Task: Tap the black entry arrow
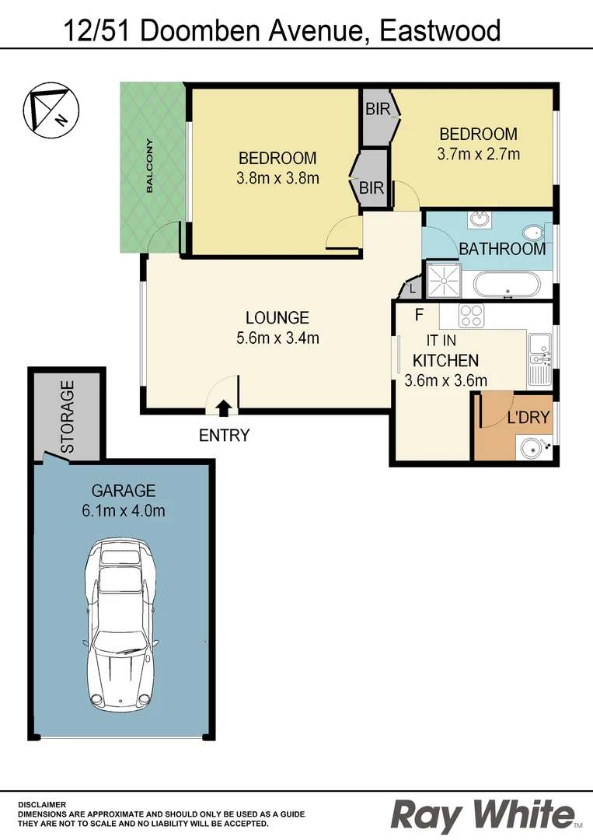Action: click(224, 407)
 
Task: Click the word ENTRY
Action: click(224, 436)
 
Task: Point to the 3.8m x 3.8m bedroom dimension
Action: click(277, 178)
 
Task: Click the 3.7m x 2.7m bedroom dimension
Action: click(478, 153)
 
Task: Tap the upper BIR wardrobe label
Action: click(377, 110)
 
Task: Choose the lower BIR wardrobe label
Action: click(371, 187)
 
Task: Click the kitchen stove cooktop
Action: click(472, 316)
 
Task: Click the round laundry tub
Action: click(532, 448)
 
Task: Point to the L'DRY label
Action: click(528, 418)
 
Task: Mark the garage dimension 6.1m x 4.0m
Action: click(124, 511)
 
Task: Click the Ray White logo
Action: click(483, 814)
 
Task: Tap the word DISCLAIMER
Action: click(42, 805)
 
